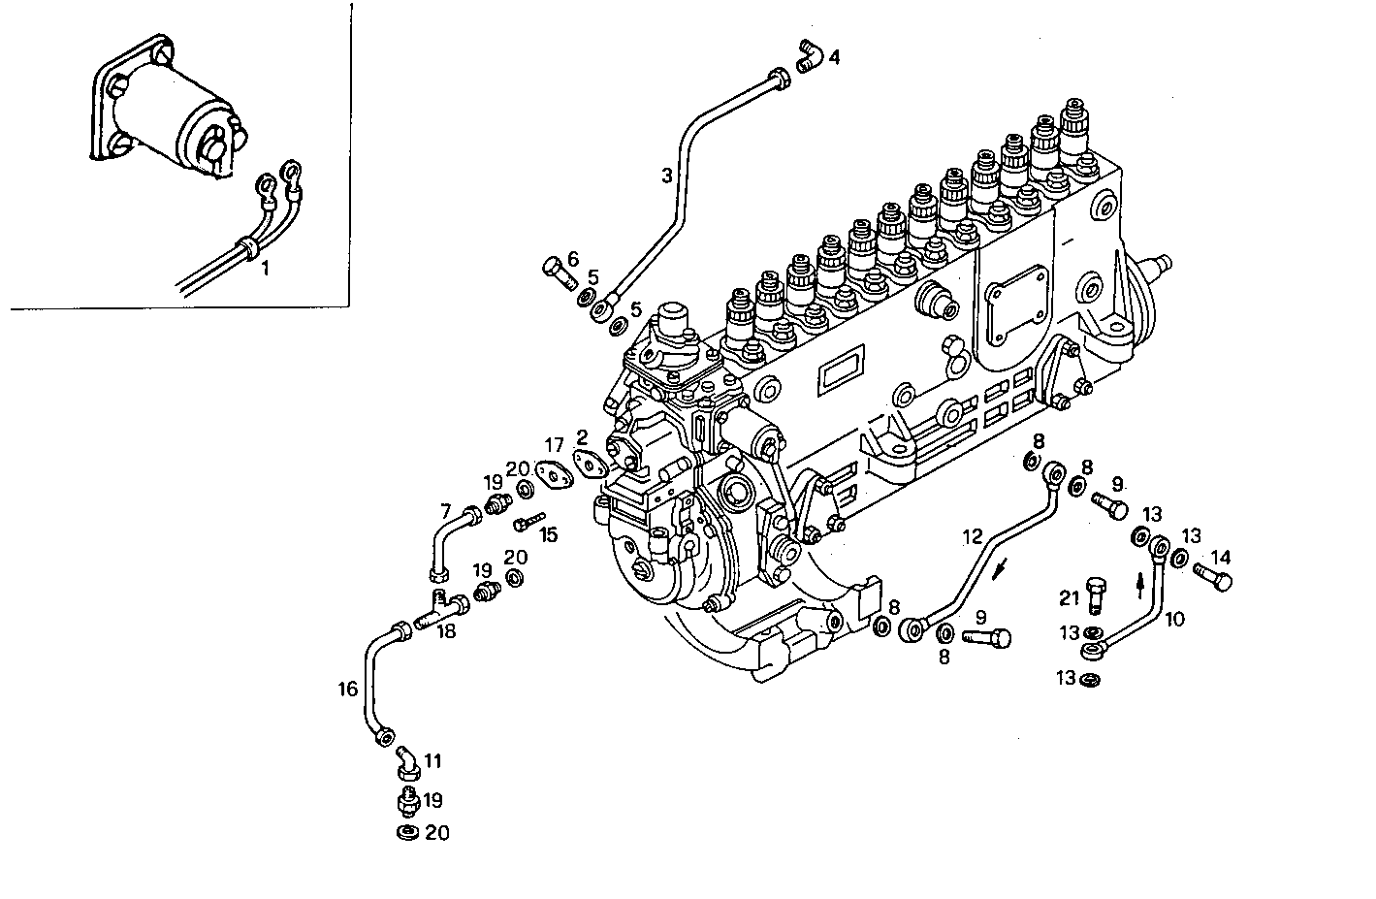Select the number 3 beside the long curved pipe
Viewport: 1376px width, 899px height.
[x=666, y=176]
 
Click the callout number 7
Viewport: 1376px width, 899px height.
[x=446, y=510]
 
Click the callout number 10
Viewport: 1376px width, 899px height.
[x=1174, y=618]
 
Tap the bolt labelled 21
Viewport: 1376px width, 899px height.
[x=1097, y=592]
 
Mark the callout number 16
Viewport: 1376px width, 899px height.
[x=347, y=690]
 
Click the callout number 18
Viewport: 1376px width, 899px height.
[x=445, y=631]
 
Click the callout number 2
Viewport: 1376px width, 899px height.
[x=581, y=436]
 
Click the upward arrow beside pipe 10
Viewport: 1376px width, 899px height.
[x=1140, y=585]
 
